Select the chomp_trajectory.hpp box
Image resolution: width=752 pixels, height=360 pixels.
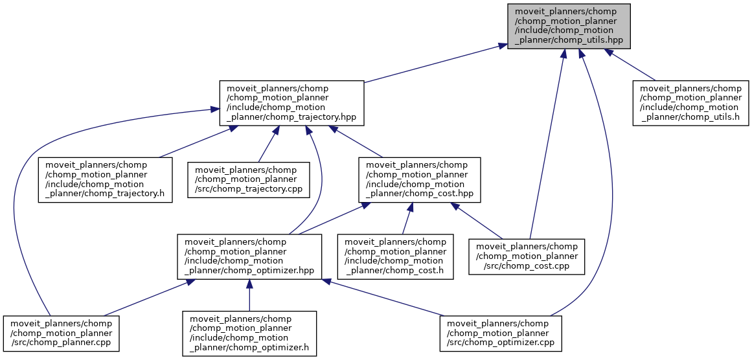(x=292, y=103)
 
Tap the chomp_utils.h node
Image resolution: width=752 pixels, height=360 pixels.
(x=690, y=103)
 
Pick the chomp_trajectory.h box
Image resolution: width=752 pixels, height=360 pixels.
(x=106, y=179)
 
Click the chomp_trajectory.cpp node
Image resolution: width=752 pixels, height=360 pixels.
(x=249, y=179)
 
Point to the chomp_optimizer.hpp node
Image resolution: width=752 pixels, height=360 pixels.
(x=250, y=256)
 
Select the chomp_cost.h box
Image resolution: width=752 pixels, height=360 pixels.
(x=395, y=256)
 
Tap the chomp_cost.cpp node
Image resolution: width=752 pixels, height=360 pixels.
(x=527, y=256)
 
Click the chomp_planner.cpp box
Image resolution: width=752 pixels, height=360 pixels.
(x=60, y=333)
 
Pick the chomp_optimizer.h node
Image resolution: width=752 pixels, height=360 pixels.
(x=249, y=333)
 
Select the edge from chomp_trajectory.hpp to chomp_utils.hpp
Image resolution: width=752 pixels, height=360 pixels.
(x=434, y=64)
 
